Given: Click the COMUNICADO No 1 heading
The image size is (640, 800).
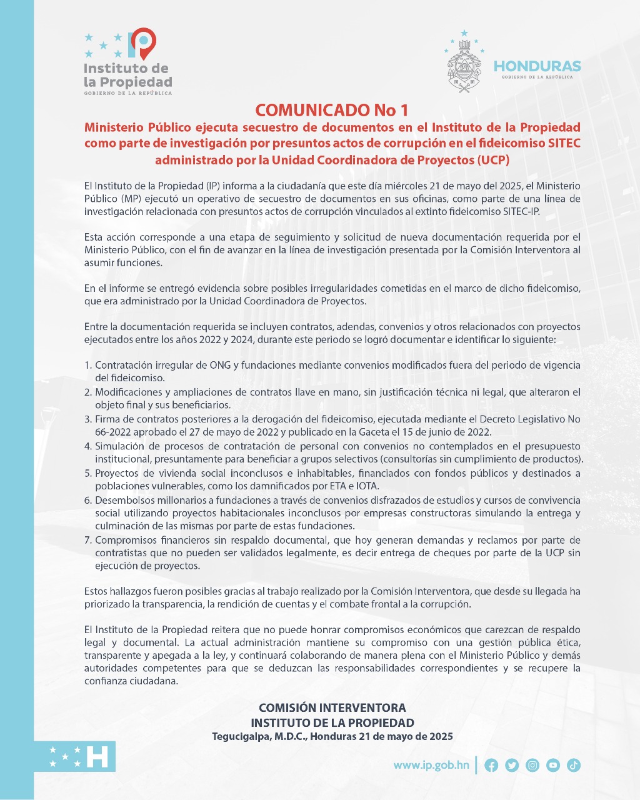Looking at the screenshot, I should click(332, 110).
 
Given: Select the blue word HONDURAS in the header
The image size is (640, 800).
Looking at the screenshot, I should click(537, 66).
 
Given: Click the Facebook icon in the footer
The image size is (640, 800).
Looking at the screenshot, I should click(491, 765).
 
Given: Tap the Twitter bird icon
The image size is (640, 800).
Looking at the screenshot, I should click(512, 765).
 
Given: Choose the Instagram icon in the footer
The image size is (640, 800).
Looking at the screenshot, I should click(532, 765).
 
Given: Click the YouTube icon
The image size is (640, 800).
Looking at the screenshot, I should click(553, 765).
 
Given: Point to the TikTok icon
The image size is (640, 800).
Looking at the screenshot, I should click(574, 765).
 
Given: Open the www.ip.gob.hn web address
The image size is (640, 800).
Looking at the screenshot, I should click(431, 765).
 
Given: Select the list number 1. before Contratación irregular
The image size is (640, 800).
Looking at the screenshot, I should click(88, 365).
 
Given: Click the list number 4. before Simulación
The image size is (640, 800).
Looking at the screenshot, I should click(88, 446).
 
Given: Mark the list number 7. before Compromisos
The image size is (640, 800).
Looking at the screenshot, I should click(88, 540).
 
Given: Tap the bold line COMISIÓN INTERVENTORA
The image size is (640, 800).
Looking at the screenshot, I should click(332, 707).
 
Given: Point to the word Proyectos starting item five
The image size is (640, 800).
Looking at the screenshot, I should click(118, 473).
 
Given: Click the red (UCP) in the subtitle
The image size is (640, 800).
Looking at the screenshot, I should click(493, 159).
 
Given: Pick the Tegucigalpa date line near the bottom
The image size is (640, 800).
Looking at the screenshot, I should click(332, 736).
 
